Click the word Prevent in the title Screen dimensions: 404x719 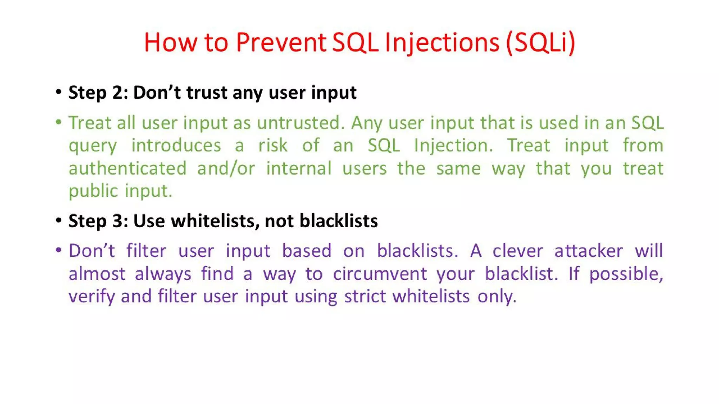pos(281,42)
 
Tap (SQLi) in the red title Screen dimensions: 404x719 pos(540,42)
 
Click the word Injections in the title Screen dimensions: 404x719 pos(442,42)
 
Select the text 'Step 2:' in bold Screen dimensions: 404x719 pos(98,93)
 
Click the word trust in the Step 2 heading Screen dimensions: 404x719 pos(207,93)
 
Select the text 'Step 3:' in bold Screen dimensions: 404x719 pos(98,221)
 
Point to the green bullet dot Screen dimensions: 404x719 pos(59,122)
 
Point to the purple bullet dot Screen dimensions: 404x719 pos(59,250)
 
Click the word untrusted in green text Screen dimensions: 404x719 pos(301,123)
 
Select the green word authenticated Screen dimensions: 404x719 pos(127,168)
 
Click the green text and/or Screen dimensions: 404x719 pos(226,168)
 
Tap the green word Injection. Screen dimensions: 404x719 pos(453,146)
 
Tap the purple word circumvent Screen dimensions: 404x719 pos(380,274)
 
